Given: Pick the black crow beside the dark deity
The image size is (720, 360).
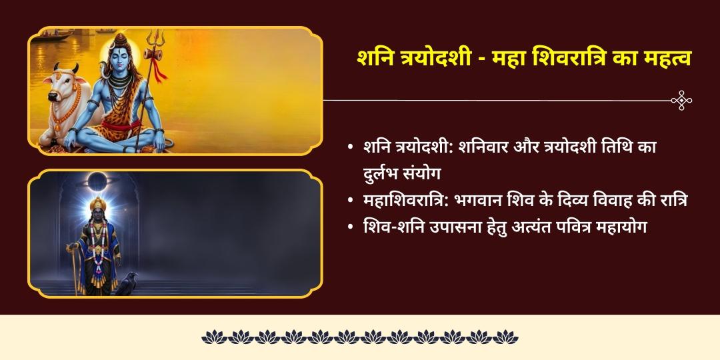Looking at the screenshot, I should point(127,283).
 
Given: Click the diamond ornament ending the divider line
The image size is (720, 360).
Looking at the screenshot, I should point(681,100).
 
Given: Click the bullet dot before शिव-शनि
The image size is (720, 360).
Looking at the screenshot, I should point(351,227).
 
